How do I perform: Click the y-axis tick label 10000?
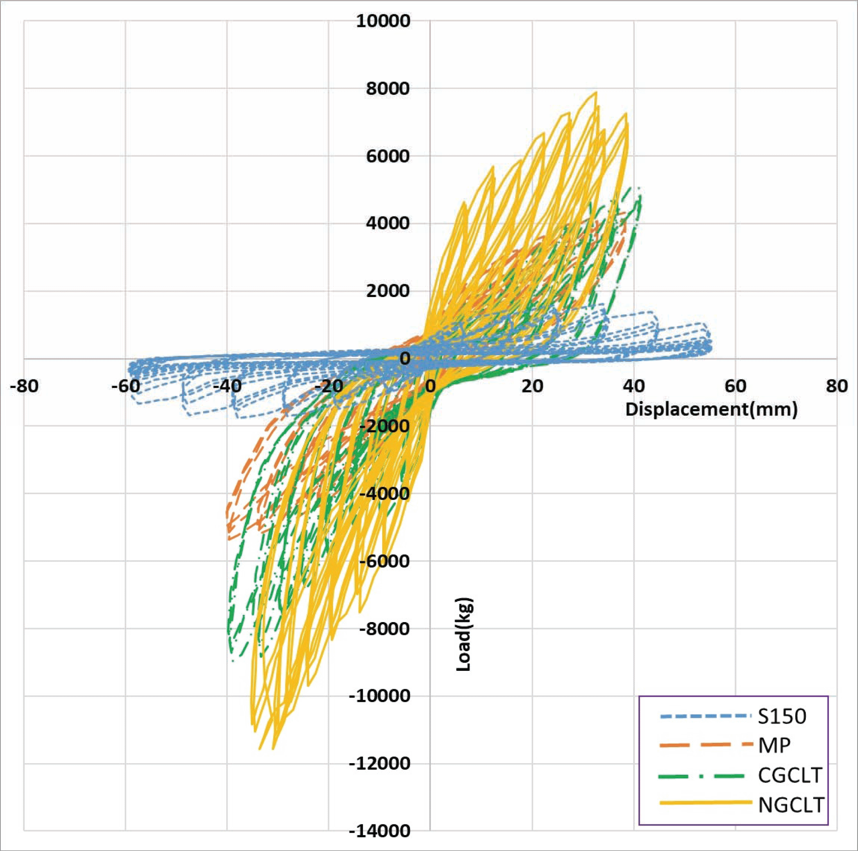coord(383,21)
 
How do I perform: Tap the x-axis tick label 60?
coord(736,386)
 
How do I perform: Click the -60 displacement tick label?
coord(126,386)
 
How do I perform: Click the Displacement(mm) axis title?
coord(711,409)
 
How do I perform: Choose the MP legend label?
coord(774,746)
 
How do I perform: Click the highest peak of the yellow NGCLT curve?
coord(596,92)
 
